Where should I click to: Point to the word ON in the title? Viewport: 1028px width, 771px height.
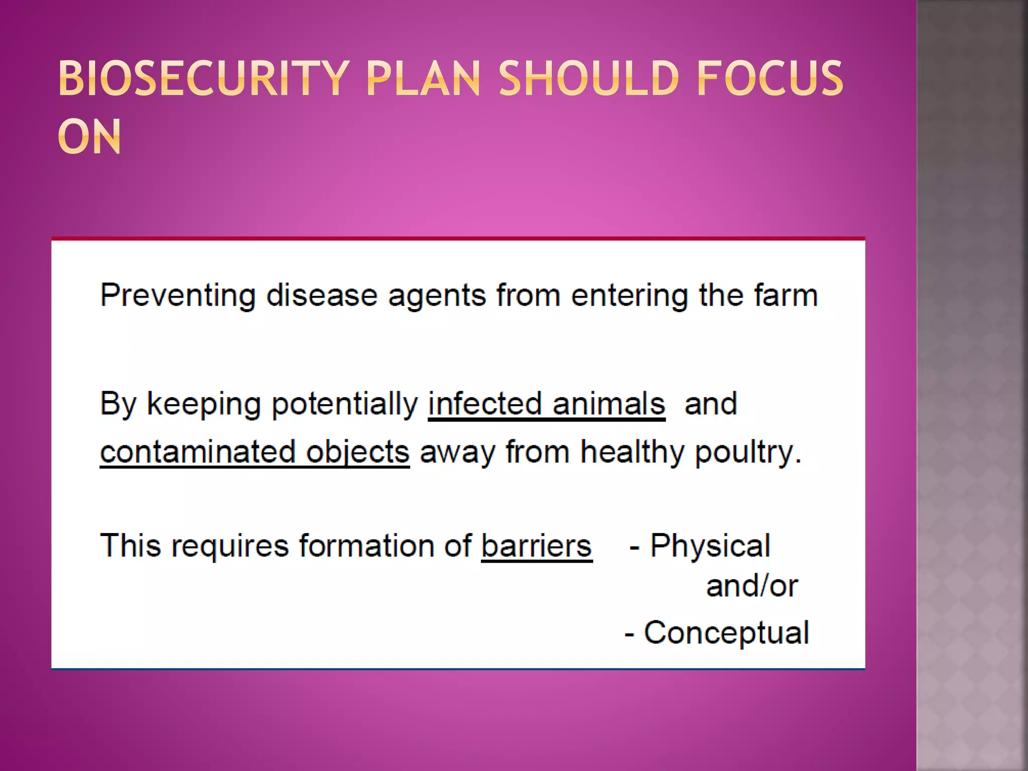click(89, 137)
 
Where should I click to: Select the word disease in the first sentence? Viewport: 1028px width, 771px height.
click(322, 295)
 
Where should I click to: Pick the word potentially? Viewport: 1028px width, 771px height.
click(344, 404)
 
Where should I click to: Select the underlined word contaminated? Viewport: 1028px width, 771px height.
click(197, 451)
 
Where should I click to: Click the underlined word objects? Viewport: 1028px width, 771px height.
click(357, 452)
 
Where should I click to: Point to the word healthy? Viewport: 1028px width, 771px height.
click(632, 451)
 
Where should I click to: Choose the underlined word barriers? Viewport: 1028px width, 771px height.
click(537, 546)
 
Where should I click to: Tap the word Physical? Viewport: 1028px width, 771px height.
click(710, 546)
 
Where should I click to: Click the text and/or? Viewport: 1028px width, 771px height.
click(751, 586)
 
